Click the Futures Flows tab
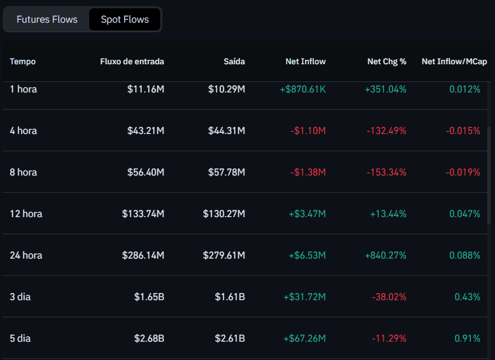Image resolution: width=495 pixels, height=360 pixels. [47, 19]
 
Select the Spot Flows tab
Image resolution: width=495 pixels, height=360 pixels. [125, 19]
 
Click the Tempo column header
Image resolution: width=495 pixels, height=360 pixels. [23, 61]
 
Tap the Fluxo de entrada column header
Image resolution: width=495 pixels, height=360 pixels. [132, 61]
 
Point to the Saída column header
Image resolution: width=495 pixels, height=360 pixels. [234, 61]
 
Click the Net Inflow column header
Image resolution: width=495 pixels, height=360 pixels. [305, 61]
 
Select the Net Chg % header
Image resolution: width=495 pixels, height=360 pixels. [386, 61]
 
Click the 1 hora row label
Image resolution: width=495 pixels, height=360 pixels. [23, 89]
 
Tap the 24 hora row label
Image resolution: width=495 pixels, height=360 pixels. [26, 255]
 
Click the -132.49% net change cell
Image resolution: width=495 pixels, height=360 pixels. [386, 131]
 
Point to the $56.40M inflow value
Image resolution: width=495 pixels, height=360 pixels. [143, 172]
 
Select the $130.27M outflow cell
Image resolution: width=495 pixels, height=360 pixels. [223, 214]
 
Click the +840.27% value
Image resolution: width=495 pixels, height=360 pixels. [385, 255]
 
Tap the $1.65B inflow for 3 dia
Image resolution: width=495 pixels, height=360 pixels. [149, 297]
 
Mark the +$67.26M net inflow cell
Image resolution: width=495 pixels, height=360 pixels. [304, 338]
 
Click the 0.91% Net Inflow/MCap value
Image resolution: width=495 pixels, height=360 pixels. [467, 338]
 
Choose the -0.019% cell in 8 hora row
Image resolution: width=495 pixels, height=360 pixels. [463, 172]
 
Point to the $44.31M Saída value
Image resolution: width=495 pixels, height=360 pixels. [226, 131]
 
